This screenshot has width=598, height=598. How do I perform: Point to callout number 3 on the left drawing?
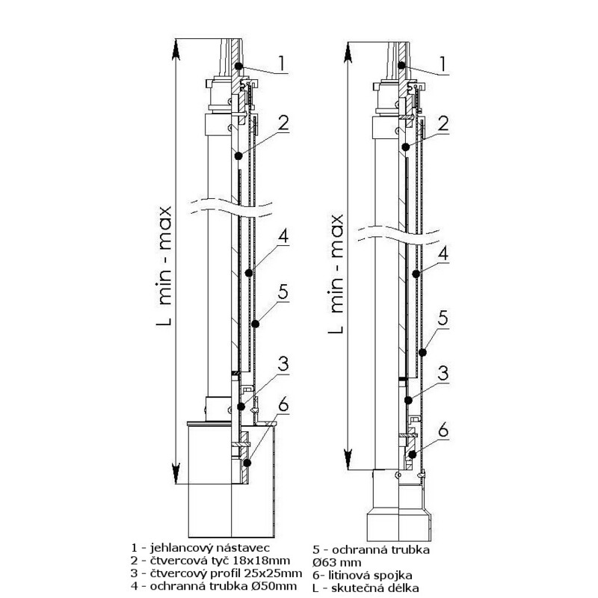tap(283, 366)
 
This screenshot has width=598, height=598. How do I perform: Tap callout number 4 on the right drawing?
tap(443, 254)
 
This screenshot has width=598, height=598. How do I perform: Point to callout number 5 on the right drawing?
tap(443, 318)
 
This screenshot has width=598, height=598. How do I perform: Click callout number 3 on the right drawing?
tap(443, 372)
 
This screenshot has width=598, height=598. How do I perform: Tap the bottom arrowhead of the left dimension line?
tap(175, 474)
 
